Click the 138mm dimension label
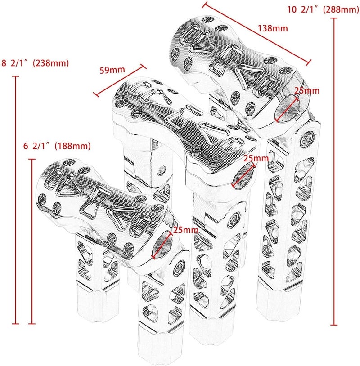point(273,28)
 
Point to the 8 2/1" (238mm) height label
point(36,63)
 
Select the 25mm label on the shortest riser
point(185,230)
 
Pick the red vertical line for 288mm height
point(333,171)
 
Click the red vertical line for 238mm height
point(17,200)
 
